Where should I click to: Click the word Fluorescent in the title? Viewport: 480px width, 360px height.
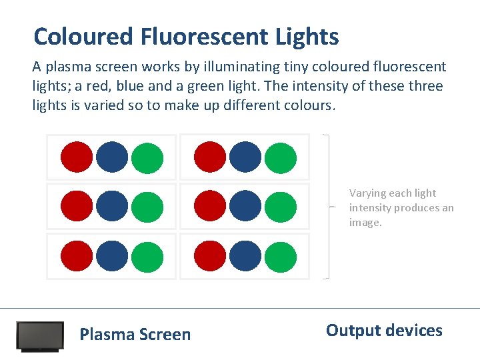(x=203, y=36)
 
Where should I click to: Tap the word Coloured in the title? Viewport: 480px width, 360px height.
(x=84, y=36)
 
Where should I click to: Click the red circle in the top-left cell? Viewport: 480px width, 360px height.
(x=77, y=157)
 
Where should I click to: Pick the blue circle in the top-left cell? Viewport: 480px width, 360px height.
(x=112, y=157)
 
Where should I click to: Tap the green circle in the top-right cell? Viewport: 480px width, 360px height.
(x=280, y=158)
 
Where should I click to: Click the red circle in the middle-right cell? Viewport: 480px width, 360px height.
(x=210, y=206)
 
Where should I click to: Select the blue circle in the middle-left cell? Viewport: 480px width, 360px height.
(x=112, y=206)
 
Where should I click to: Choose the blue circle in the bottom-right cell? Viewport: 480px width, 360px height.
(x=245, y=256)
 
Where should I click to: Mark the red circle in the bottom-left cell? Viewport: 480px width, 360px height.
(x=77, y=256)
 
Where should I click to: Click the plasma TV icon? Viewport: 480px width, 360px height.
(x=40, y=337)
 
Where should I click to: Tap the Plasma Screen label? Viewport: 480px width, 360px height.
(x=135, y=335)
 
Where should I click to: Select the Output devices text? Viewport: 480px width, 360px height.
(x=384, y=331)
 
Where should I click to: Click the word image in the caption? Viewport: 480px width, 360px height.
(x=365, y=223)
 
